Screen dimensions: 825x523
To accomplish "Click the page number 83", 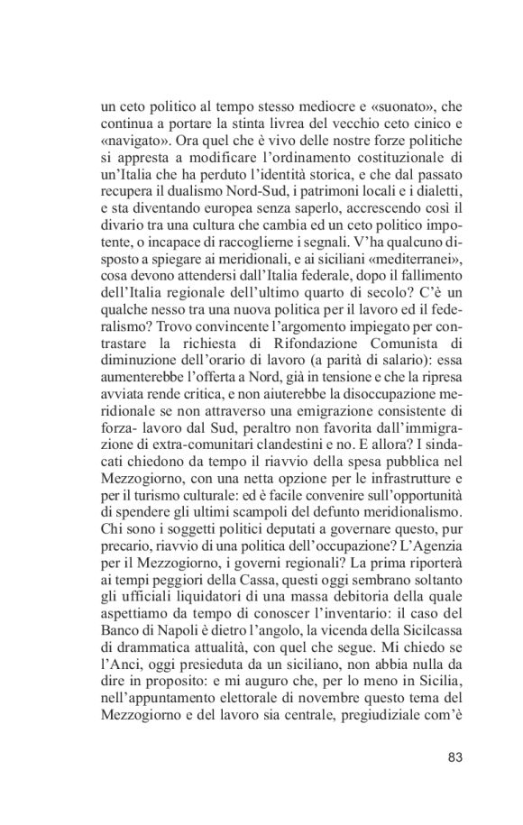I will pos(454,756).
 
